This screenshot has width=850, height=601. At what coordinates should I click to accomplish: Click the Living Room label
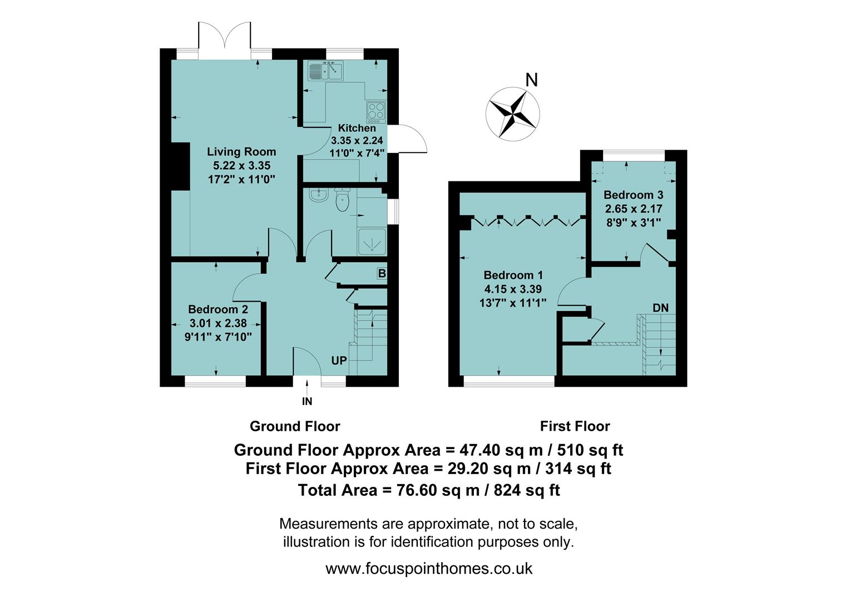[x=241, y=151]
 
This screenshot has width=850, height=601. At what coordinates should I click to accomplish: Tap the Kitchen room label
[x=357, y=128]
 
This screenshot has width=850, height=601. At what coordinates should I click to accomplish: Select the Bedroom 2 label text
[x=218, y=309]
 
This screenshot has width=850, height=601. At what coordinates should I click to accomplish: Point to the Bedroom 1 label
[x=513, y=275]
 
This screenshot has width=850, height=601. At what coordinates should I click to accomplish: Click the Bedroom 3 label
[x=633, y=195]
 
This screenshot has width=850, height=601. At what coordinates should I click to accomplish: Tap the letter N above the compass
[x=532, y=81]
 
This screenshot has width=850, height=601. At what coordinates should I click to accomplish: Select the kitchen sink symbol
[x=325, y=71]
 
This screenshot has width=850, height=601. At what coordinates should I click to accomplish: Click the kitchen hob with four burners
[x=375, y=112]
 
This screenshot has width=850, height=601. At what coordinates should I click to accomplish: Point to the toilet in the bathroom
[x=342, y=201]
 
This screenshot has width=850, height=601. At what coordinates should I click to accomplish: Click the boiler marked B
[x=382, y=273]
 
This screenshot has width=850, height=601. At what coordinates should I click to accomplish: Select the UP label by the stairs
[x=339, y=361]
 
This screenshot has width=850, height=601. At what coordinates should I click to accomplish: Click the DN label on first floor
[x=660, y=308]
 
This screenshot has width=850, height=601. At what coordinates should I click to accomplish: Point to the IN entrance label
[x=307, y=401]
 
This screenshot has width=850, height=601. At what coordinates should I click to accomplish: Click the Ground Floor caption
[x=295, y=426]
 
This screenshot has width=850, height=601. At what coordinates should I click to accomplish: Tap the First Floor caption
[x=575, y=426]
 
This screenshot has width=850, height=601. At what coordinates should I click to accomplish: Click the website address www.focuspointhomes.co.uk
[x=428, y=569]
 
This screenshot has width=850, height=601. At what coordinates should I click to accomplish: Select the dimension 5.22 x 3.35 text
[x=241, y=165]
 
